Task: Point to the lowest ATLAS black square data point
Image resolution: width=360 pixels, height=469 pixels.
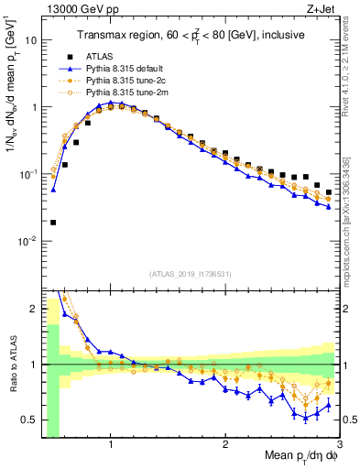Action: (x=53, y=222)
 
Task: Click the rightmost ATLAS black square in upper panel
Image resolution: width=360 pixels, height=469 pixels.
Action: (x=329, y=192)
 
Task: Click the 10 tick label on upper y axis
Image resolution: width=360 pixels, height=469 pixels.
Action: (x=31, y=40)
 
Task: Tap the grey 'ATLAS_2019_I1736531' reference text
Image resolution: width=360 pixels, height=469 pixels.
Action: (x=190, y=274)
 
